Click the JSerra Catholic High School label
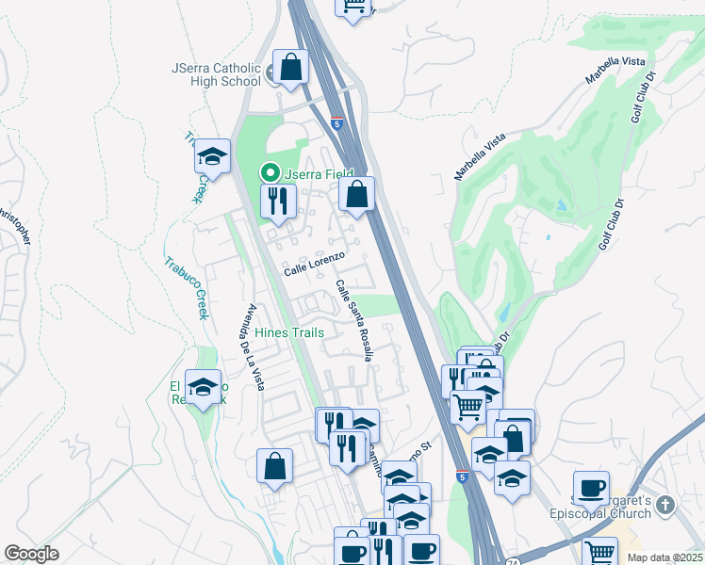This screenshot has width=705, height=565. point(216,74)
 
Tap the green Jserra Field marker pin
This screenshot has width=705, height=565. point(270,172)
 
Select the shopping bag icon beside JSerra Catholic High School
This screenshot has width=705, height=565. point(291,67)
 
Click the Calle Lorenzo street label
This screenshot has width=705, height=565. point(315,264)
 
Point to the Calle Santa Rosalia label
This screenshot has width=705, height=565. point(355,320)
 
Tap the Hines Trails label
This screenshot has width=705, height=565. point(288,332)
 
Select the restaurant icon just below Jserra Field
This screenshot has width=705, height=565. point(278,202)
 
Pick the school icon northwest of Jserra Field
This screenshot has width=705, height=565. point(213,156)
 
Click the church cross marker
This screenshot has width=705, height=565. point(666,505)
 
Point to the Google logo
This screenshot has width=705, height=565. point(31,554)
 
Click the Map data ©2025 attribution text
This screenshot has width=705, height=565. point(664,557)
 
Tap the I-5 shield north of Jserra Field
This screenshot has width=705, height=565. point(336,123)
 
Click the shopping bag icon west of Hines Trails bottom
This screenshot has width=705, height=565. point(274,466)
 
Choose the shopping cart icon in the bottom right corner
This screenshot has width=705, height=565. point(599,552)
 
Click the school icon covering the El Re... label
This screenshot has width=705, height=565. point(203,386)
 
